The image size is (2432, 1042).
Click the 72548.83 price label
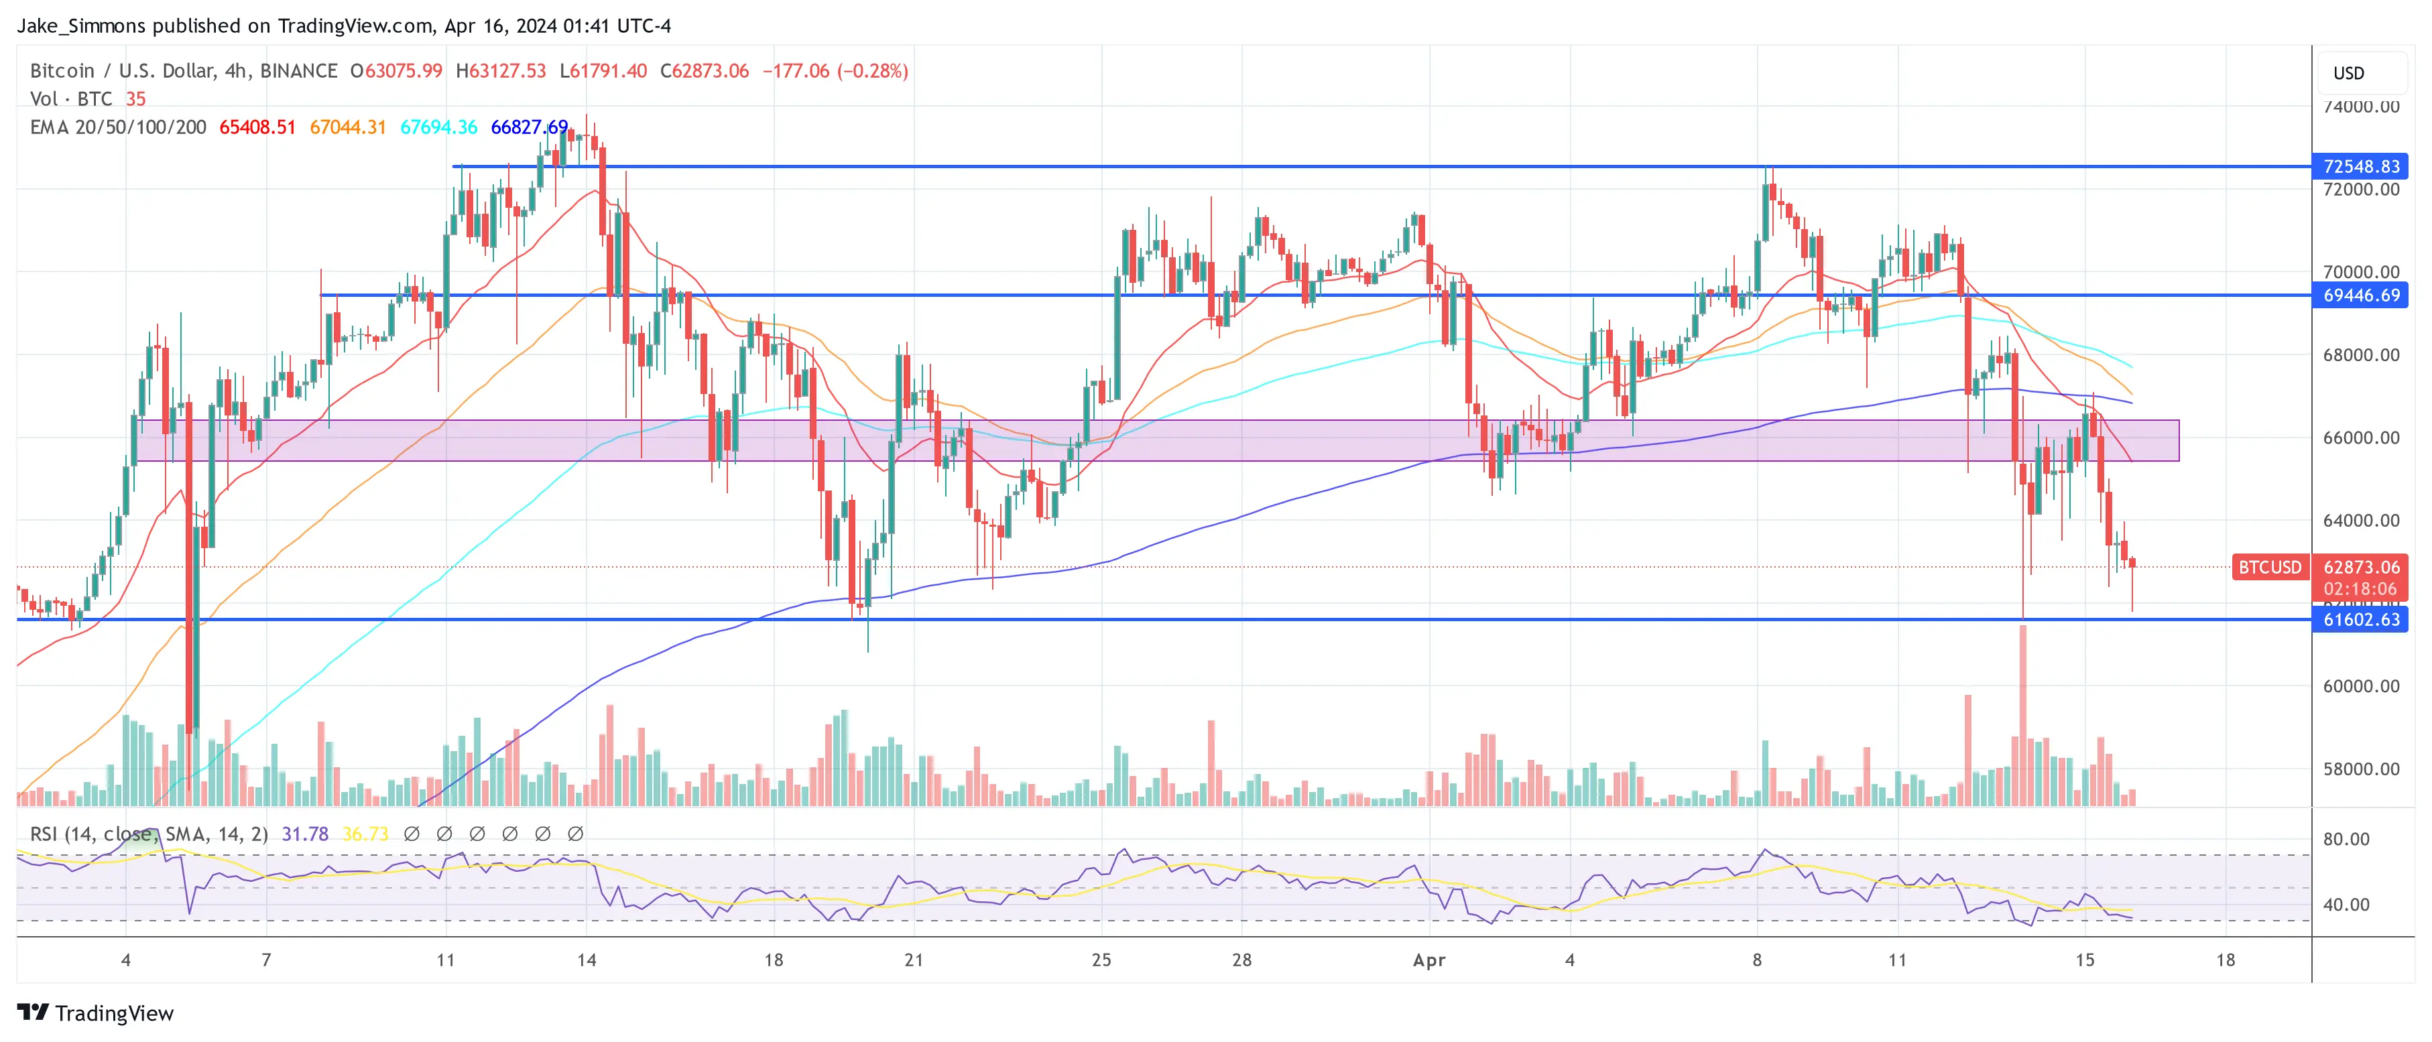(x=2360, y=166)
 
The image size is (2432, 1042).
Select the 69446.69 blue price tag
(x=2360, y=296)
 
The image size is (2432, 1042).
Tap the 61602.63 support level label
(x=2360, y=619)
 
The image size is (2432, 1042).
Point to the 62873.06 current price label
(x=2360, y=568)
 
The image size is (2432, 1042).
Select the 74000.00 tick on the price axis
(x=2360, y=107)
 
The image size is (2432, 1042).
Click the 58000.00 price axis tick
(x=2360, y=769)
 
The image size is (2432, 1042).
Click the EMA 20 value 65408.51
(x=257, y=127)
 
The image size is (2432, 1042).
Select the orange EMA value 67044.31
(x=347, y=127)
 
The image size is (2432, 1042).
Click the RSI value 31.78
(x=305, y=834)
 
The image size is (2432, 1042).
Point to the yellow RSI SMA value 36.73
(x=365, y=834)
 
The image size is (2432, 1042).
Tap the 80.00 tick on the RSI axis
(x=2346, y=839)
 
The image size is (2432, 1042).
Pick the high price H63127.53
(x=500, y=71)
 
